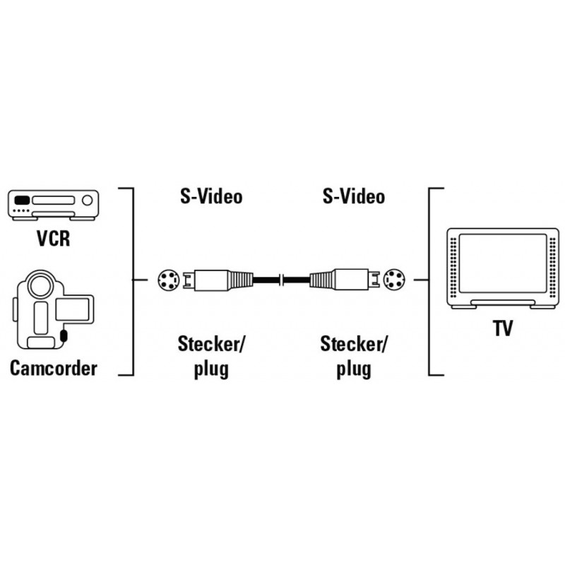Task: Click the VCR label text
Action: click(54, 238)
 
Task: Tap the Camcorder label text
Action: click(54, 368)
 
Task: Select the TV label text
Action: click(503, 328)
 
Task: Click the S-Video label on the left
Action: click(211, 196)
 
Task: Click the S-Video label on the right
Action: click(354, 196)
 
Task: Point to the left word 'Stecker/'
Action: click(211, 344)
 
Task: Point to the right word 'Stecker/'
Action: click(354, 344)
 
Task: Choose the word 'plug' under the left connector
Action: click(211, 369)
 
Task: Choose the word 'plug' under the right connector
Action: click(354, 369)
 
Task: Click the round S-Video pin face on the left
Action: click(169, 280)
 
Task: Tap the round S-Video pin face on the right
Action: click(394, 280)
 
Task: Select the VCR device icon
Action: click(54, 205)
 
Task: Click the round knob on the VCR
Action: click(87, 201)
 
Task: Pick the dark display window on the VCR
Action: click(22, 201)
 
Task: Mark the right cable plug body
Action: click(345, 280)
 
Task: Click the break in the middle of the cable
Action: click(282, 280)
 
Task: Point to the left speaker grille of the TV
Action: click(453, 267)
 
